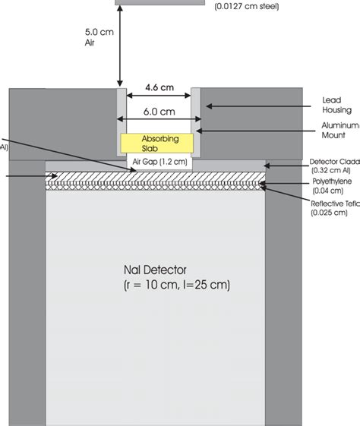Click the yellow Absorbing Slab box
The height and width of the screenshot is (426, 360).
point(159,144)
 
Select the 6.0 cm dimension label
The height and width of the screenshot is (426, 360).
point(159,111)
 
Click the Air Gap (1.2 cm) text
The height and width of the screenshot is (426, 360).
point(159,162)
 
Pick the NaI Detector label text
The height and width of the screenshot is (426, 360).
point(159,270)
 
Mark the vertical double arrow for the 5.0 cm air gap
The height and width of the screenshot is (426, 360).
point(119,43)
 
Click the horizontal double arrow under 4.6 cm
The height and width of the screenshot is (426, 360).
point(159,96)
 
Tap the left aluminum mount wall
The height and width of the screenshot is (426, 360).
point(121,121)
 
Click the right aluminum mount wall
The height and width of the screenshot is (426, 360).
point(196,121)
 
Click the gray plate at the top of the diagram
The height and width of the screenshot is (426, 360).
point(159,2)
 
